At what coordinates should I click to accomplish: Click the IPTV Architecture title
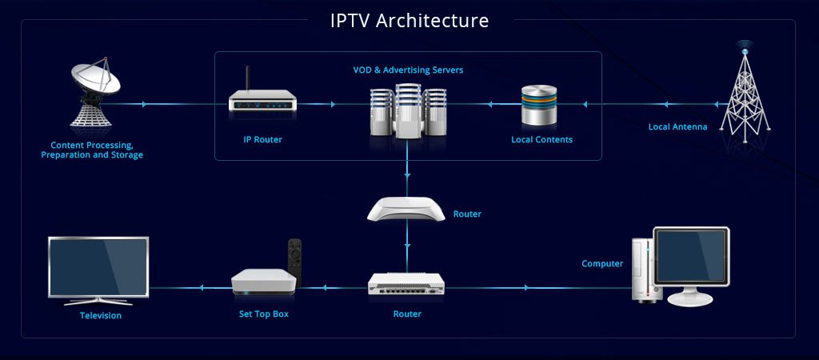click(409, 20)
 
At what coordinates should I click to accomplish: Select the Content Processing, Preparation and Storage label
click(92, 150)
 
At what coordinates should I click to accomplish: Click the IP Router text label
click(262, 139)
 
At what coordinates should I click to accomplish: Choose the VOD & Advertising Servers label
click(408, 70)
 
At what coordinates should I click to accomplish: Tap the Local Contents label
click(541, 139)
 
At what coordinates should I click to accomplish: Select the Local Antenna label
click(677, 126)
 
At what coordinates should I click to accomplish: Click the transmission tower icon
click(745, 92)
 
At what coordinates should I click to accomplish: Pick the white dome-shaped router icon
click(406, 209)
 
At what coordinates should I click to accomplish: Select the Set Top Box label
click(263, 314)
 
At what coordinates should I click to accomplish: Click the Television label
click(101, 315)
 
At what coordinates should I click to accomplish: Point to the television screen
click(98, 266)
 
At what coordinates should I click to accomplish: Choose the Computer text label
click(601, 264)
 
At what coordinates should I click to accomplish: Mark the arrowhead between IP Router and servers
click(334, 104)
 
